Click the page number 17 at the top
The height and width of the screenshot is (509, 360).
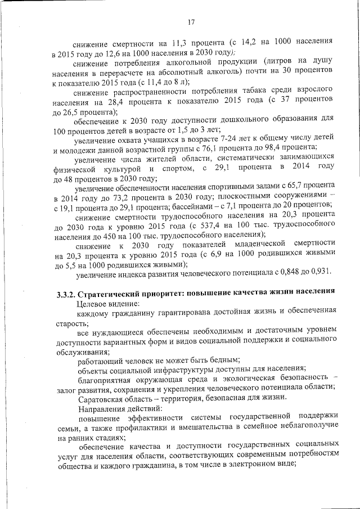191,22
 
